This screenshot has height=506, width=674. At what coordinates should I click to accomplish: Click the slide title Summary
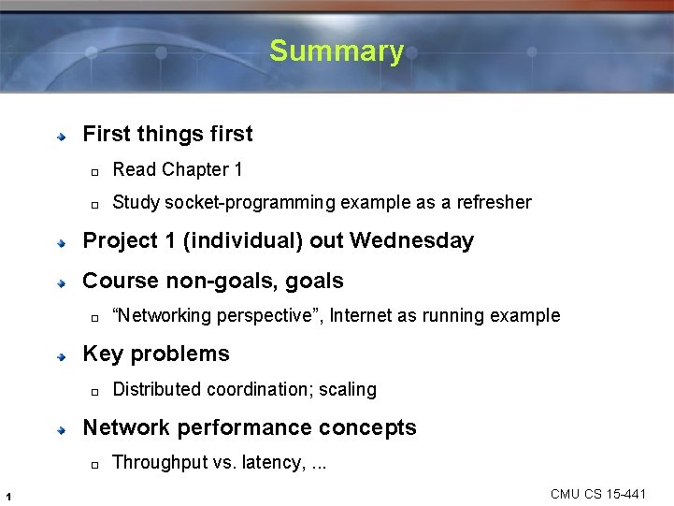click(x=336, y=51)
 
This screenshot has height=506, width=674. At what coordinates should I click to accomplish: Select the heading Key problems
click(x=155, y=354)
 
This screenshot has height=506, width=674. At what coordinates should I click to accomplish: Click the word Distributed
click(x=157, y=389)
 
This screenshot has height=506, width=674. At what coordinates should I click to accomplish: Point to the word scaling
click(x=347, y=389)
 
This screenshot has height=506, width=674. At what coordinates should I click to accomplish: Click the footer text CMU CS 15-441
click(x=598, y=494)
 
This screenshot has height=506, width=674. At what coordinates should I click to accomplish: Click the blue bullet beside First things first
click(x=61, y=136)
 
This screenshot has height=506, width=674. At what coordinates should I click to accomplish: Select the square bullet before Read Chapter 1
click(x=94, y=171)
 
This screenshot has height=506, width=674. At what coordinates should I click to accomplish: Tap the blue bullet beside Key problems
click(x=61, y=355)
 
